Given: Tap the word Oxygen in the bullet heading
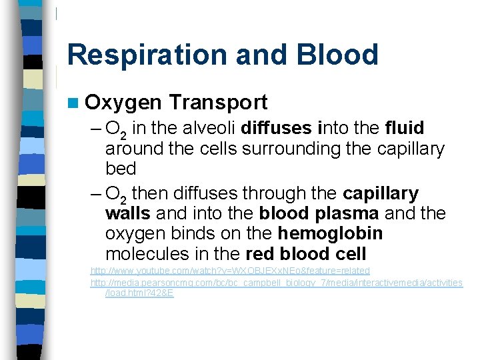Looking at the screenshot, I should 124,103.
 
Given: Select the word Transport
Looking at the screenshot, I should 218,103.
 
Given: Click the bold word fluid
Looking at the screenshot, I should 405,128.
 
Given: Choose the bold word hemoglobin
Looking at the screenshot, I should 331,234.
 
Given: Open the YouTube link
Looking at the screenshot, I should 230,271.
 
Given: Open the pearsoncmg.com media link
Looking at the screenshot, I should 276,283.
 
